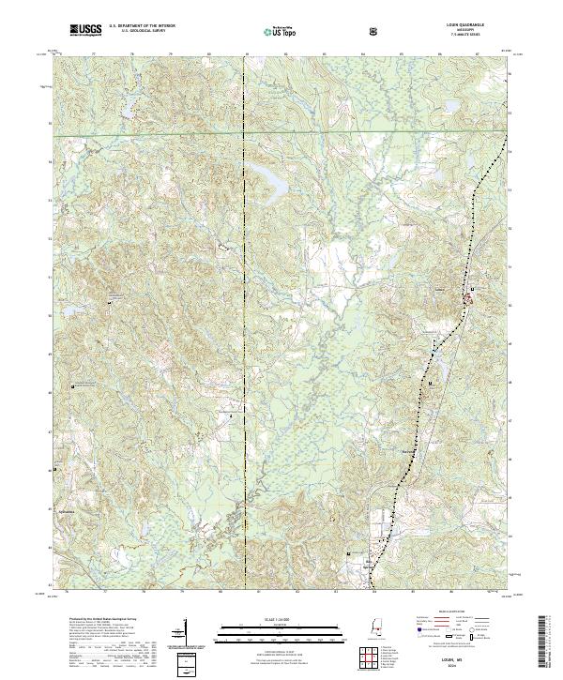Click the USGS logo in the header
85,30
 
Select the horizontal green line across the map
281,135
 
